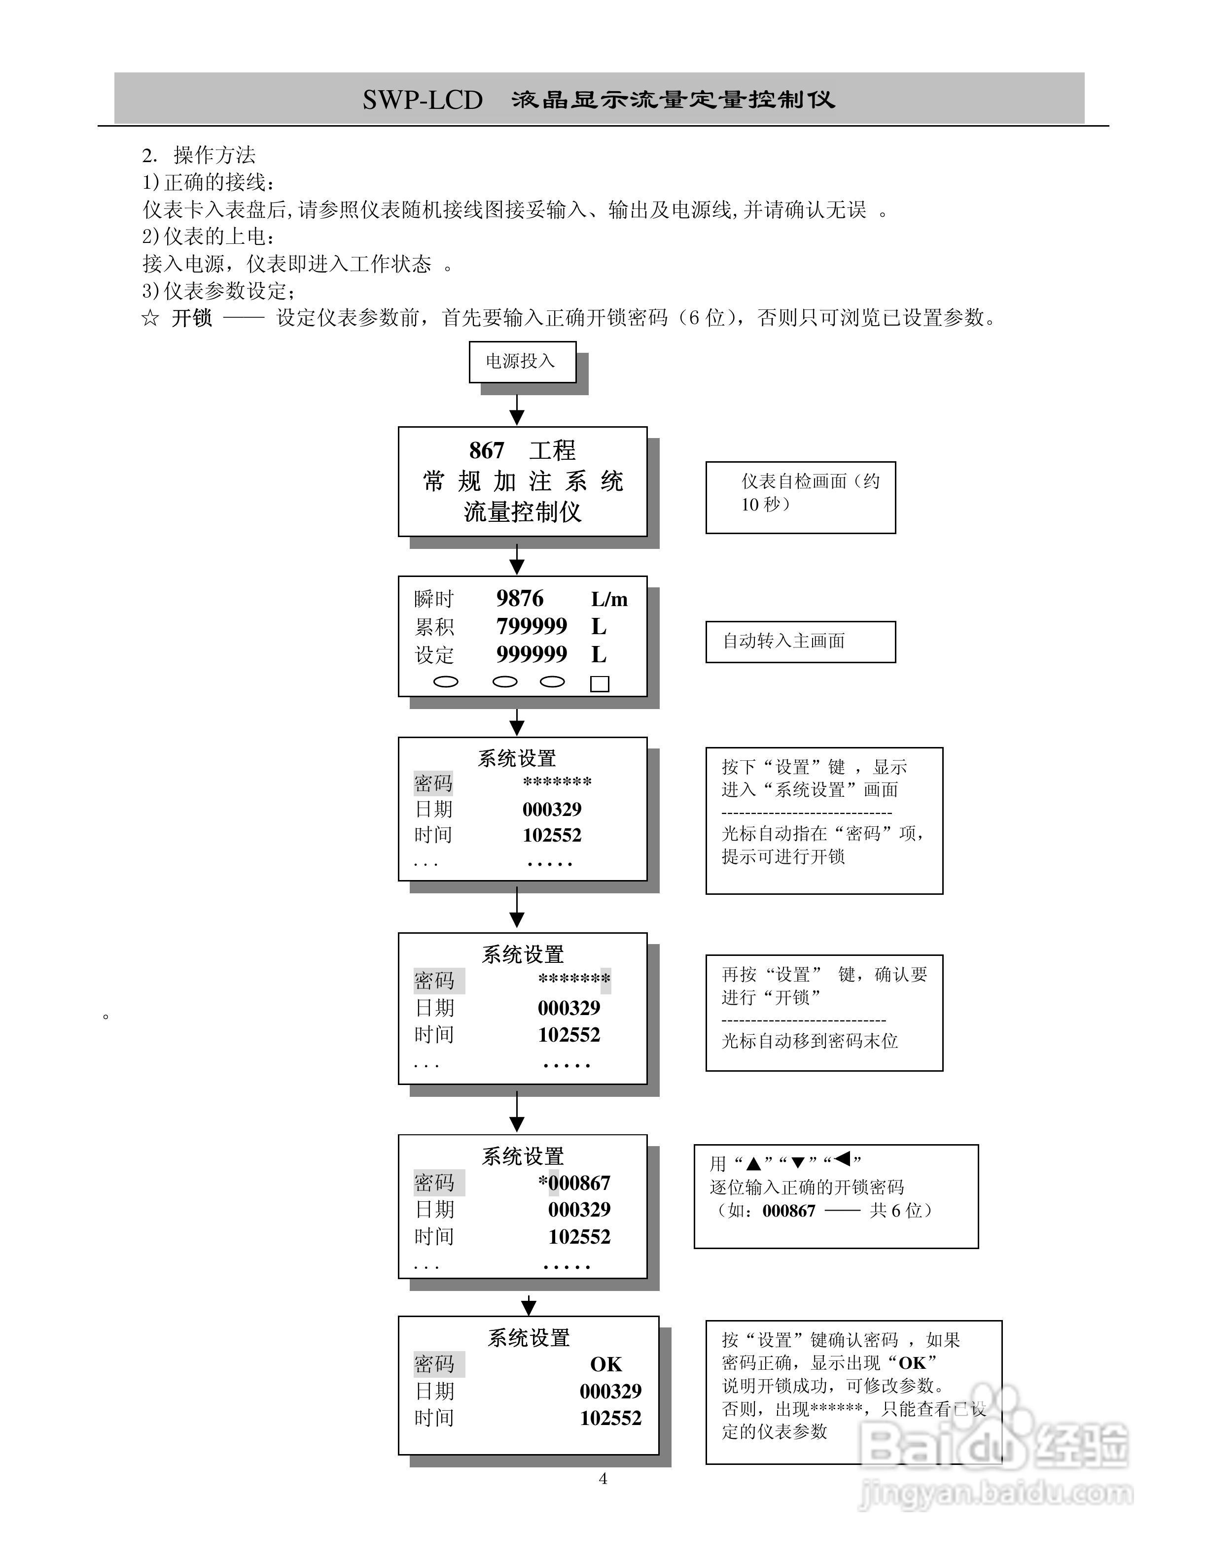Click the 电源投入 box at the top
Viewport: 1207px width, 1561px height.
pyautogui.click(x=522, y=362)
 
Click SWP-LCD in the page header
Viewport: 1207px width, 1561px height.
pyautogui.click(x=423, y=100)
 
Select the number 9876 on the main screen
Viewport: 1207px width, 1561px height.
pyautogui.click(x=520, y=598)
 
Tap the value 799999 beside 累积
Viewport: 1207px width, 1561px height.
pyautogui.click(x=532, y=626)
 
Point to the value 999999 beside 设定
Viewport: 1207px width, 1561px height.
pyautogui.click(x=532, y=654)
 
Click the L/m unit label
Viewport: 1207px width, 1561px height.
pyautogui.click(x=609, y=599)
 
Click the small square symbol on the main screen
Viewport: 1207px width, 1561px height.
pyautogui.click(x=599, y=684)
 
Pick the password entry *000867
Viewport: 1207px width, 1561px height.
pyautogui.click(x=574, y=1183)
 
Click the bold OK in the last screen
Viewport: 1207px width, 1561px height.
pyautogui.click(x=605, y=1364)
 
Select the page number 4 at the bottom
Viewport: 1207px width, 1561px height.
pyautogui.click(x=603, y=1479)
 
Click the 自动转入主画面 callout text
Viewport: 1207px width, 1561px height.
pyautogui.click(x=783, y=641)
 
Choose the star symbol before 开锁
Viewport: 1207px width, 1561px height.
pyautogui.click(x=150, y=318)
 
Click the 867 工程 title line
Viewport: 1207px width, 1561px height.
pyautogui.click(x=522, y=450)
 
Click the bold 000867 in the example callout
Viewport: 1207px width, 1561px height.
pyautogui.click(x=789, y=1210)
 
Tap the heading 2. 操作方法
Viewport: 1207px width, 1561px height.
pyautogui.click(x=199, y=155)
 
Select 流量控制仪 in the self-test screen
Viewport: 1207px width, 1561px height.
pyautogui.click(x=522, y=512)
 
